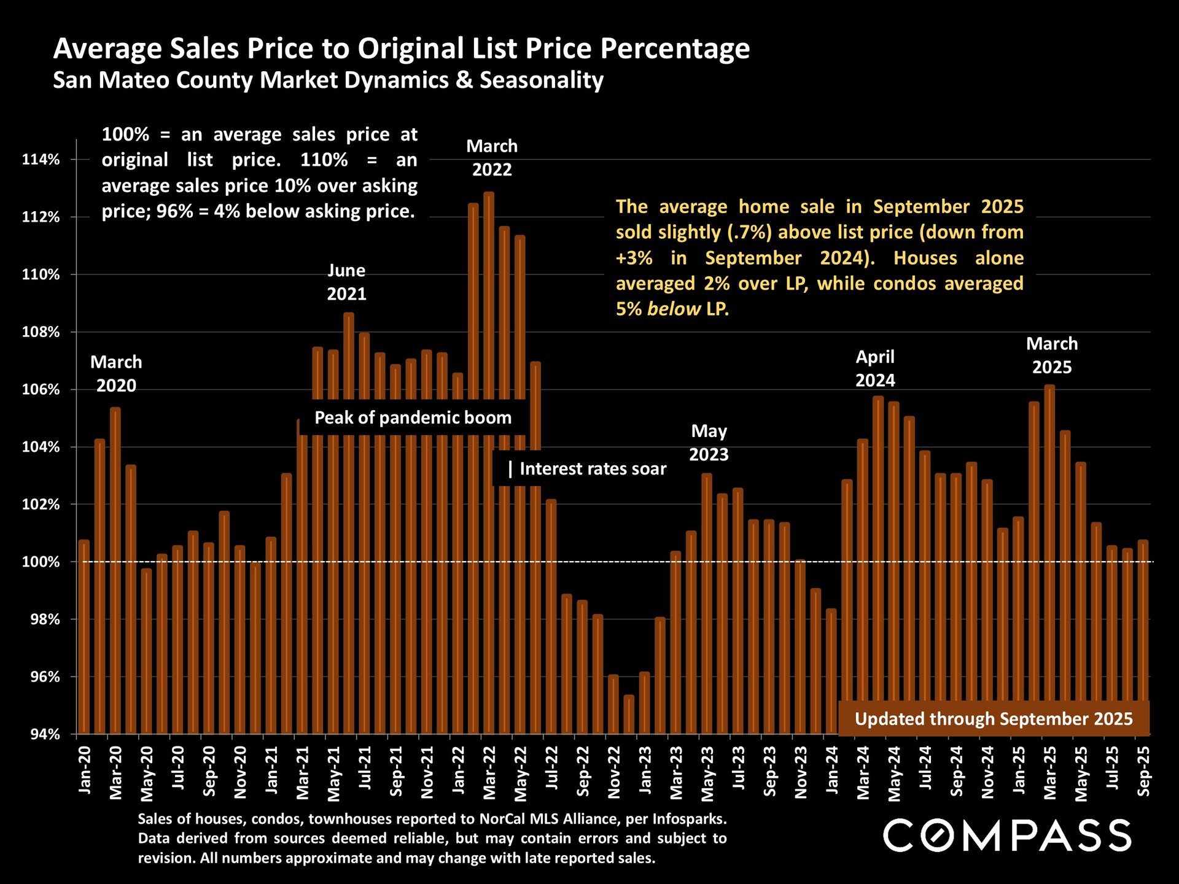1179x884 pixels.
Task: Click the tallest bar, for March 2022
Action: click(x=489, y=430)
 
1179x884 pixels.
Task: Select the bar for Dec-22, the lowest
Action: click(x=629, y=715)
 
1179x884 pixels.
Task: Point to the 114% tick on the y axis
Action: click(x=41, y=160)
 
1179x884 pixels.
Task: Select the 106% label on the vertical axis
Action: click(x=41, y=390)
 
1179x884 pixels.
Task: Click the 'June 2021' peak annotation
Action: click(x=346, y=282)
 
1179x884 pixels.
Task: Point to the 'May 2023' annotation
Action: click(x=709, y=443)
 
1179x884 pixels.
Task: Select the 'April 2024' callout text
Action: click(x=875, y=368)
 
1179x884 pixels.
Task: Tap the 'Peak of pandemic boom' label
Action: click(x=413, y=418)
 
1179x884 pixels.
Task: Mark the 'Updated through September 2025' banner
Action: click(x=994, y=719)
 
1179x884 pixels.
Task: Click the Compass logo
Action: click(x=1007, y=836)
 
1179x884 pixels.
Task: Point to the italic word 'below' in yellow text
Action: click(x=674, y=309)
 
